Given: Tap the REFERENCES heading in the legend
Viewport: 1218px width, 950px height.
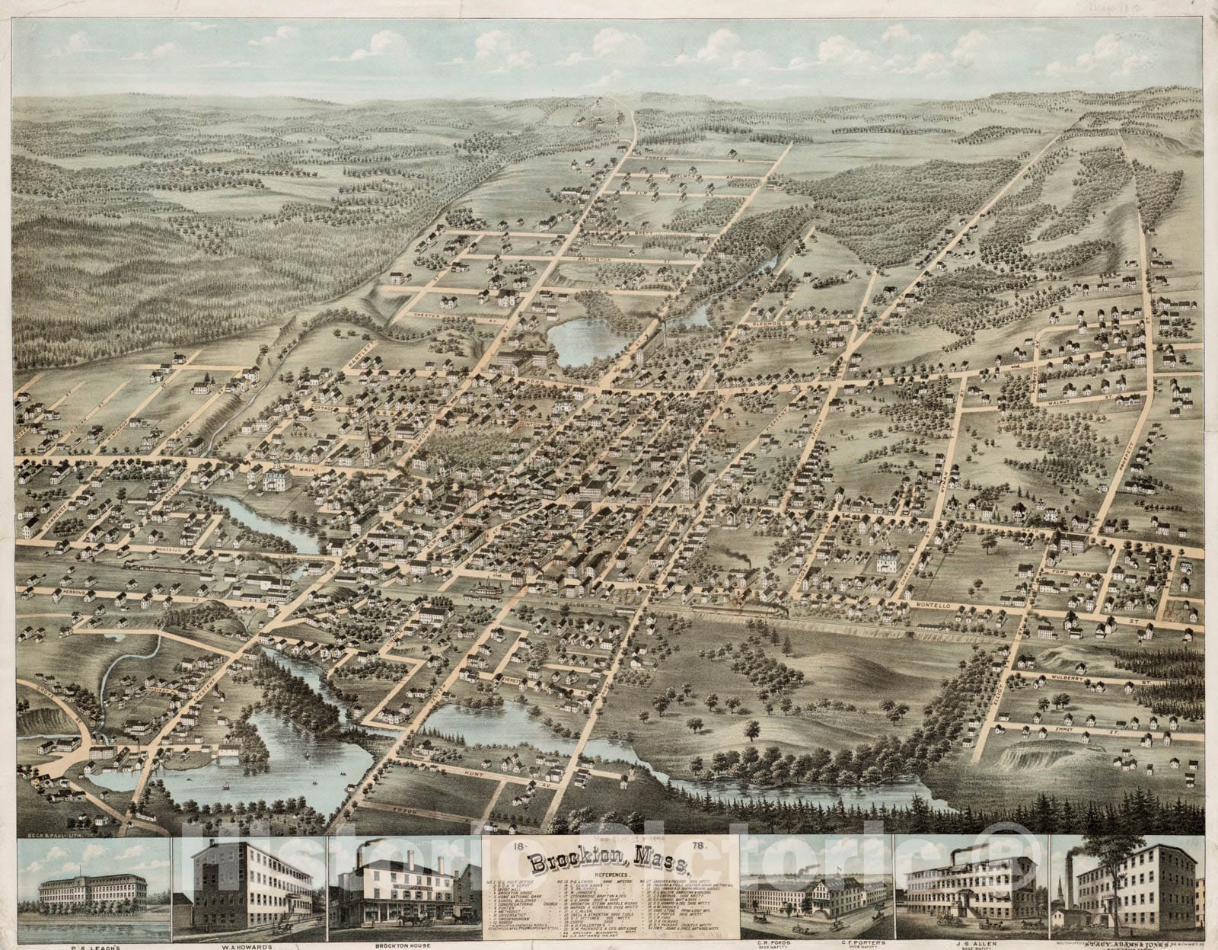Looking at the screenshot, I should coord(609,877).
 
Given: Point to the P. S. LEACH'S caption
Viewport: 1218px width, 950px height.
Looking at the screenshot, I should coord(93,946).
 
